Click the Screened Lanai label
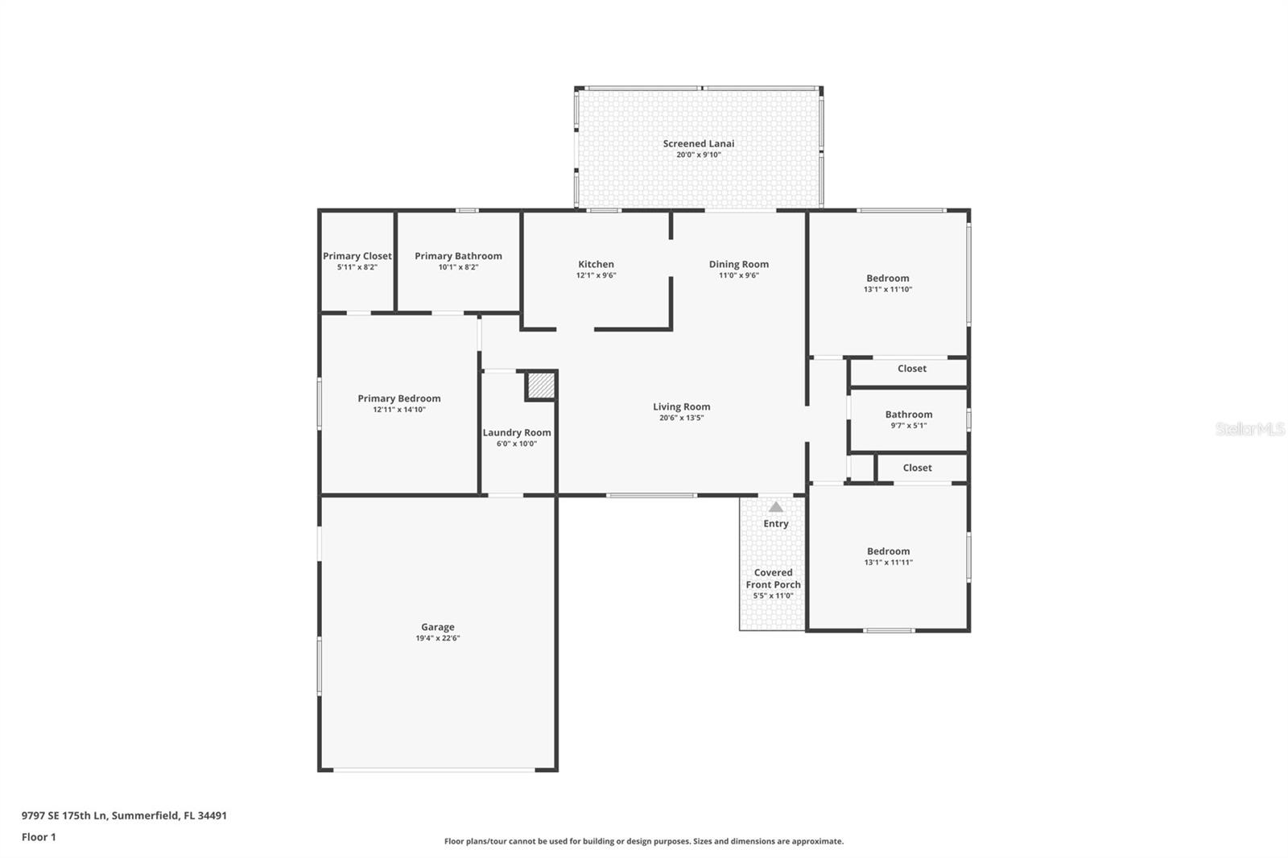pyautogui.click(x=698, y=144)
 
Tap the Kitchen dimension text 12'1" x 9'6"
pyautogui.click(x=596, y=275)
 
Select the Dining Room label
pyautogui.click(x=738, y=264)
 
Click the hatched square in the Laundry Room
pyautogui.click(x=541, y=386)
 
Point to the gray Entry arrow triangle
pyautogui.click(x=775, y=507)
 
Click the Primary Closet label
pyautogui.click(x=357, y=256)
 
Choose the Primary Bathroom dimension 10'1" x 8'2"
pyautogui.click(x=458, y=267)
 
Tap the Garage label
pyautogui.click(x=437, y=627)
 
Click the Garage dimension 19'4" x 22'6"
pyautogui.click(x=437, y=638)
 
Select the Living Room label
pyautogui.click(x=681, y=406)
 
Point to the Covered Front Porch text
pyautogui.click(x=773, y=579)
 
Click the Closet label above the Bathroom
pyautogui.click(x=911, y=369)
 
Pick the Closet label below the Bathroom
pyautogui.click(x=917, y=468)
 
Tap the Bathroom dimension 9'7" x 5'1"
pyautogui.click(x=908, y=426)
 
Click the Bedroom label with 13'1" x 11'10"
pyautogui.click(x=887, y=278)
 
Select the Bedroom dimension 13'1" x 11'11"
pyautogui.click(x=888, y=563)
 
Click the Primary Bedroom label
pyautogui.click(x=398, y=398)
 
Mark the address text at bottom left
pyautogui.click(x=124, y=815)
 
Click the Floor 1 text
pyautogui.click(x=39, y=837)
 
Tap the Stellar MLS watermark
pyautogui.click(x=1249, y=430)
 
